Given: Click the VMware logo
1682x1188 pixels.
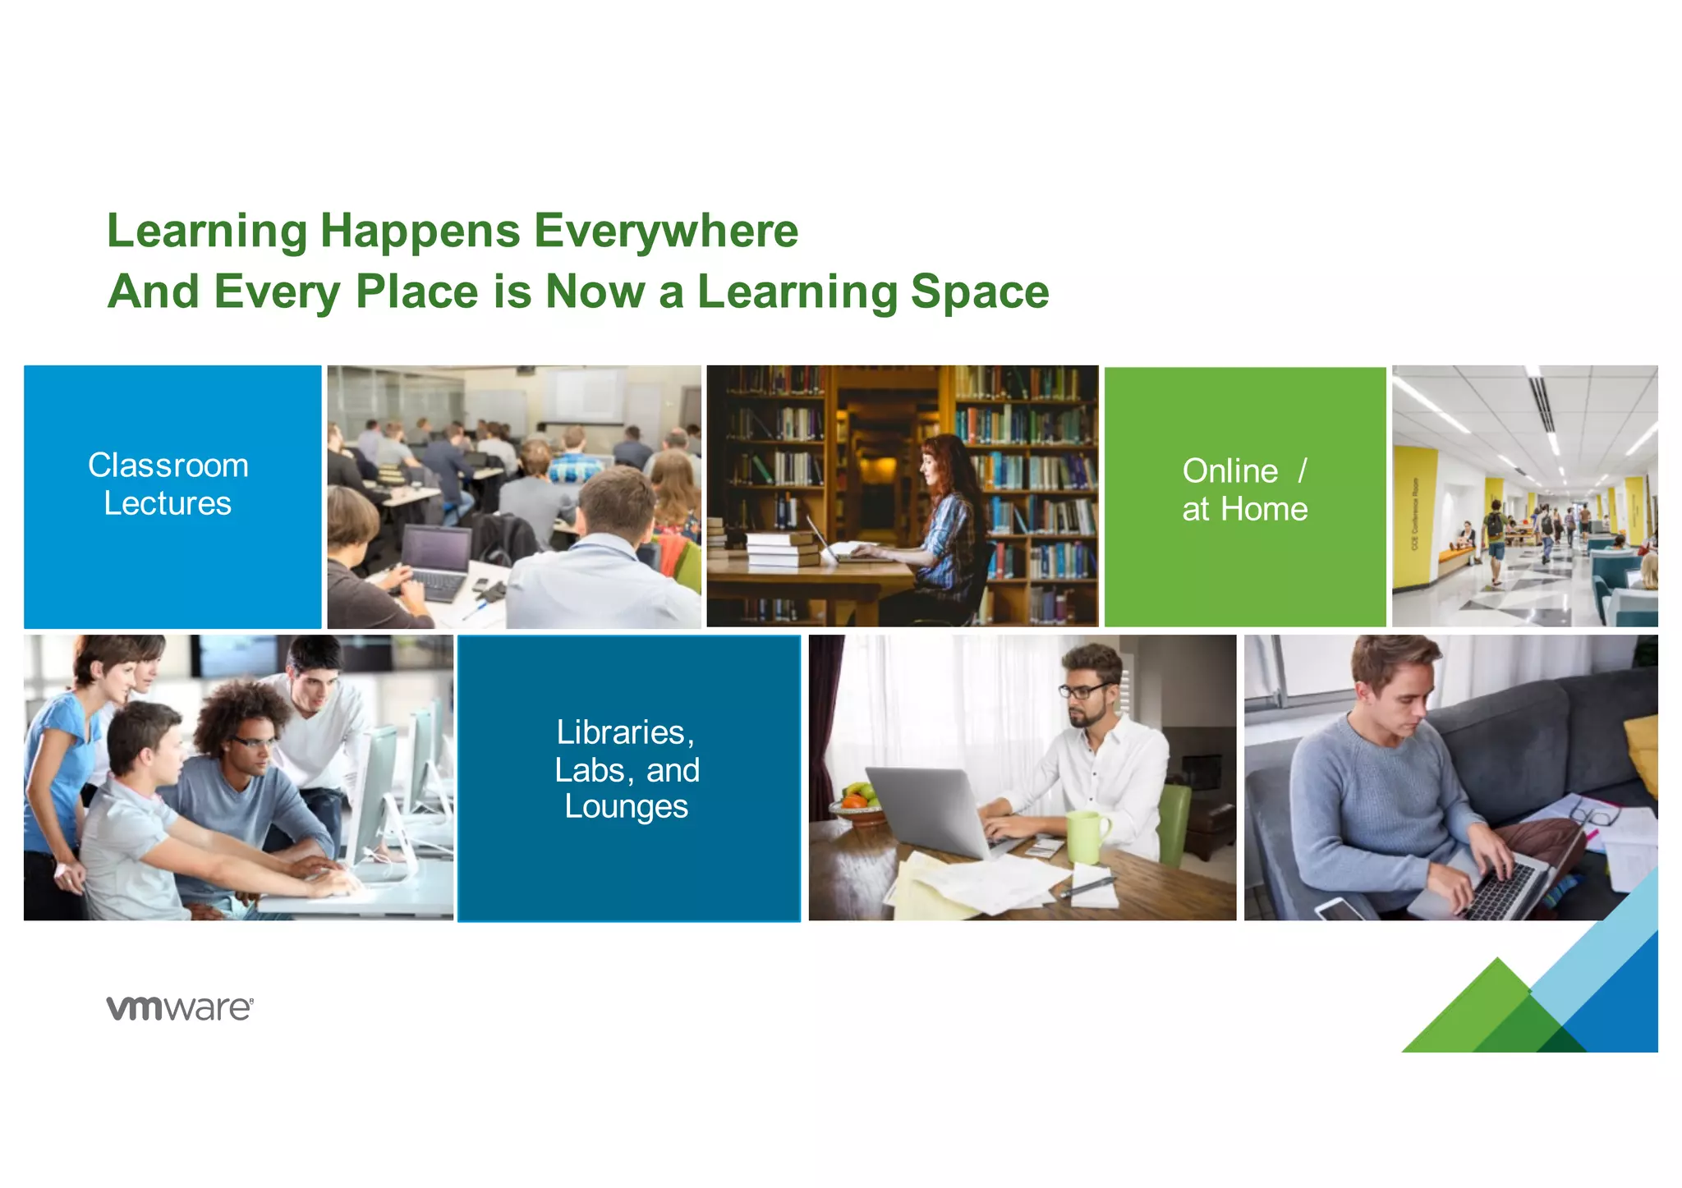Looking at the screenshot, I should pos(180,1007).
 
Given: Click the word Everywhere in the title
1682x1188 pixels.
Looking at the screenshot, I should pos(666,231).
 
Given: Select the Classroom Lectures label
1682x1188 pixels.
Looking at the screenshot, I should pos(168,484).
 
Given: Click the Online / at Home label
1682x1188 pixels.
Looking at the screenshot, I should pos(1244,490).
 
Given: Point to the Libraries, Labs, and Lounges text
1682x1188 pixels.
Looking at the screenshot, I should pos(627,769).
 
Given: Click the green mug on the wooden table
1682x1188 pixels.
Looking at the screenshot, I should pos(1086,835).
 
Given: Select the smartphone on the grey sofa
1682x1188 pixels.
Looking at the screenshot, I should pos(1339,909).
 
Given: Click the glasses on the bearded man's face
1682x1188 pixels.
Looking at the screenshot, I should pos(1084,690).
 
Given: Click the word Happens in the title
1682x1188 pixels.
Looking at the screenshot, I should pos(420,231).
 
